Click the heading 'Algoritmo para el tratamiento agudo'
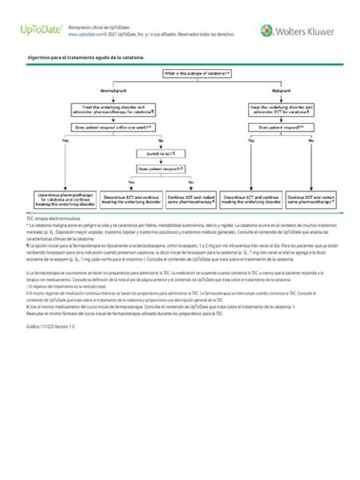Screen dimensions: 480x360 point(84,58)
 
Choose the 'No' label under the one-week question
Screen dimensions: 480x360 point(160,141)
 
